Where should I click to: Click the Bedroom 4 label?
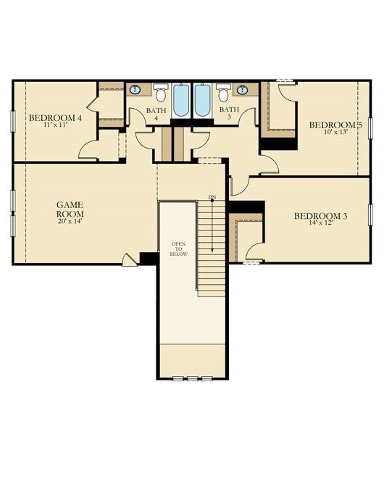click(55, 118)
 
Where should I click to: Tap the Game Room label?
click(70, 209)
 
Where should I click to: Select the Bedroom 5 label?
click(335, 125)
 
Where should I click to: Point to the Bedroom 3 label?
click(321, 216)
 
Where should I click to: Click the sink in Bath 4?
click(135, 89)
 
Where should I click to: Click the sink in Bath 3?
click(242, 90)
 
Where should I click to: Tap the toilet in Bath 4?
click(161, 93)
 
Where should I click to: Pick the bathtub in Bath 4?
click(181, 100)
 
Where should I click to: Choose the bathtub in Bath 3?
click(202, 100)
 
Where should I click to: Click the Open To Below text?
click(178, 249)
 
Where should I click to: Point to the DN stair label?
click(212, 197)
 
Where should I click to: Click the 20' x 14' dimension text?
click(70, 222)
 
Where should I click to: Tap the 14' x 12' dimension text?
click(321, 222)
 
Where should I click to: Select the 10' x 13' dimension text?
click(335, 131)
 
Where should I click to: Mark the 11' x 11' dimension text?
click(55, 125)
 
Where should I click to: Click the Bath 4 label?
click(156, 114)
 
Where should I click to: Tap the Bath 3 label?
click(230, 113)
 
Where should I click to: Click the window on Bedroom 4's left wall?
click(13, 122)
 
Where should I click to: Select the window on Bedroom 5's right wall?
click(370, 128)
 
